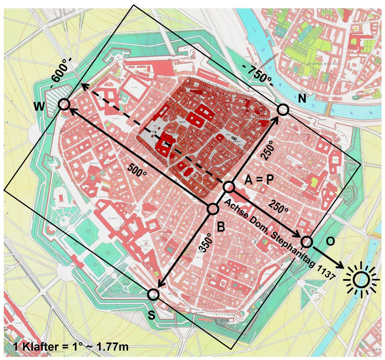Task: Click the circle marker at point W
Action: pyautogui.click(x=64, y=104)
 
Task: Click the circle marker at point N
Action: pyautogui.click(x=283, y=110)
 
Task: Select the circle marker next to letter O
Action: pyautogui.click(x=306, y=242)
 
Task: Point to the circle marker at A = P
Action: pyautogui.click(x=229, y=187)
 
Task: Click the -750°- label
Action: pyautogui.click(x=258, y=74)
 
